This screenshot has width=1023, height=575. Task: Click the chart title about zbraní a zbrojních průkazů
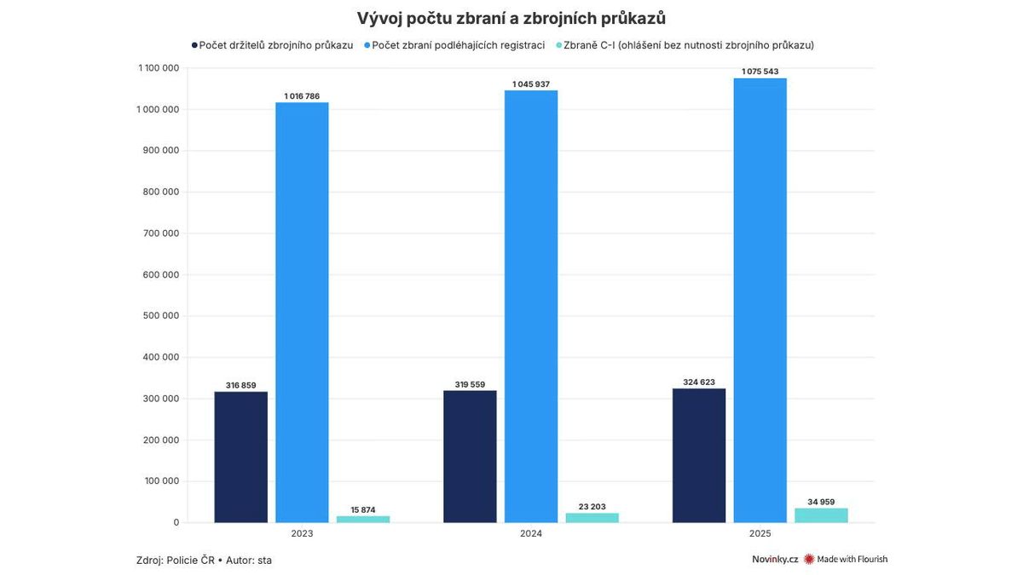(511, 19)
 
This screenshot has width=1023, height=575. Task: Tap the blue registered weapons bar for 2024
(530, 307)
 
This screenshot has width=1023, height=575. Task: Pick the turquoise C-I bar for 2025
(821, 515)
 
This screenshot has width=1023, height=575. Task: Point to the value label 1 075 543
(760, 72)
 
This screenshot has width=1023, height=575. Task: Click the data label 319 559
(470, 384)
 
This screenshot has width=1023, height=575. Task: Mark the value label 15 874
(363, 509)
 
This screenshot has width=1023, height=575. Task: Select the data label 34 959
(821, 502)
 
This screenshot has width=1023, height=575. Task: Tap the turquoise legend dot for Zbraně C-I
(558, 45)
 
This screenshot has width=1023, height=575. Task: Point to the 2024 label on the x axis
(530, 534)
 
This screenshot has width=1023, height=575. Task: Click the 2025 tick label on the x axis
(760, 534)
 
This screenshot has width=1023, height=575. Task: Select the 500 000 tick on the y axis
(159, 316)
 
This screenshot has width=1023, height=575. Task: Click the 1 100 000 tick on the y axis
(158, 68)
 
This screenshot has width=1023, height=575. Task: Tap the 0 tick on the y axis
(176, 522)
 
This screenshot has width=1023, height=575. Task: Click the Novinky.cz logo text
(775, 560)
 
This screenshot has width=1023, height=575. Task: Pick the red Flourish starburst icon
(809, 560)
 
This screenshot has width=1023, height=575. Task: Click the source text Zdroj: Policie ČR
(175, 560)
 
